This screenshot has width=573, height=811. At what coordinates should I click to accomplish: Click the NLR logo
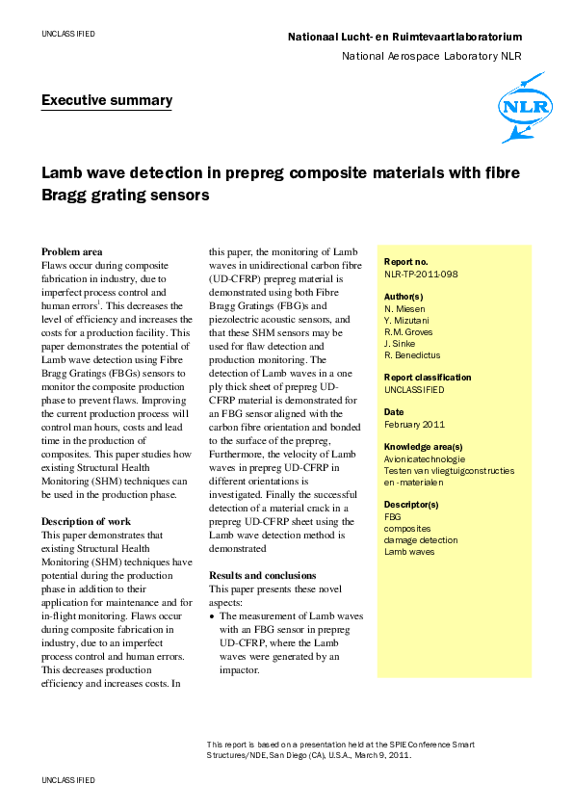coord(522,107)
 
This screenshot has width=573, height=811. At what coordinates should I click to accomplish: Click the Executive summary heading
coord(106,100)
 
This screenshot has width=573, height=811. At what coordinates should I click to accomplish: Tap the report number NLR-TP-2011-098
coord(421,274)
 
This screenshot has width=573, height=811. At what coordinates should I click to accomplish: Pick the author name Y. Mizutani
coord(409,320)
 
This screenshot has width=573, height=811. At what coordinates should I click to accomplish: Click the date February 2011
coord(414,424)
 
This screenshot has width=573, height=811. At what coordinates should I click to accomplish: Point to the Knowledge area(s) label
coord(423,447)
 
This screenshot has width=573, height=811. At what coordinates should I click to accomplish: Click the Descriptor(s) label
coord(411,505)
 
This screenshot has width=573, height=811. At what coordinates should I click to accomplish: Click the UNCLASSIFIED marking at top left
coord(67,34)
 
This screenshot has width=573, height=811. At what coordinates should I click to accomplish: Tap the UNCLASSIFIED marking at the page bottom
coord(67,778)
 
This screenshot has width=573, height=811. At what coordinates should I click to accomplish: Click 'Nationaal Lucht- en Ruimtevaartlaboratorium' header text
coord(404,37)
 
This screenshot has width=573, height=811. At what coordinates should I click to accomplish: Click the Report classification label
coord(428,378)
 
